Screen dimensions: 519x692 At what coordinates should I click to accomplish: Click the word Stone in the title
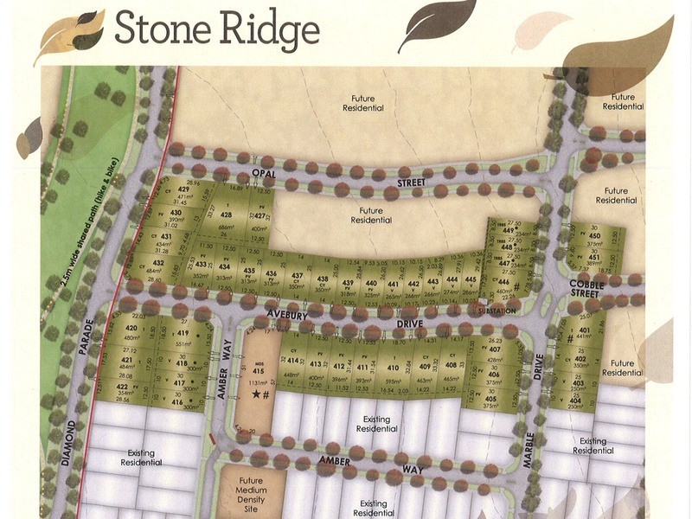point(157,30)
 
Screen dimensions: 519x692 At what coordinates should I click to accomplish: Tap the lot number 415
point(258,373)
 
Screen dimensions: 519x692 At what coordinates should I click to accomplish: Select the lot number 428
point(226,215)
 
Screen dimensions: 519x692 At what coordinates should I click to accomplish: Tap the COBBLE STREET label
point(586,289)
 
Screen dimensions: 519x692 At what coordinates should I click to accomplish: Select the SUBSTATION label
point(497,311)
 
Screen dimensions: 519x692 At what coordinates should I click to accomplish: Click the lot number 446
point(503,281)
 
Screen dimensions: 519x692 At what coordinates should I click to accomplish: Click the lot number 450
point(593,234)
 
